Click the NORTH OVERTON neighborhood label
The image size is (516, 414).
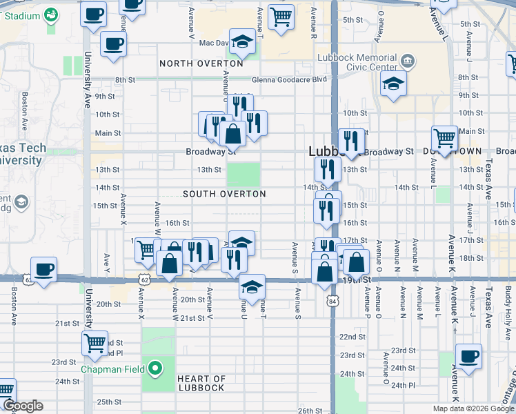click(201, 63)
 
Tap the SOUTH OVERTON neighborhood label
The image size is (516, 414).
click(224, 194)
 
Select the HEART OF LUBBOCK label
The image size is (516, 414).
click(201, 383)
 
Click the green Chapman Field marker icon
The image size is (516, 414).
click(155, 368)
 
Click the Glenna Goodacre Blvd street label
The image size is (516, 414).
click(289, 79)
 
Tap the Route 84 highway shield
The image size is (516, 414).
click(333, 301)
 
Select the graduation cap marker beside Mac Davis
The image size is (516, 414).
click(242, 42)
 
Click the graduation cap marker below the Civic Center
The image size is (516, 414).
click(393, 85)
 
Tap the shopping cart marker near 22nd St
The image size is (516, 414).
click(95, 342)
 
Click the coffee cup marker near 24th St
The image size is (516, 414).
click(468, 356)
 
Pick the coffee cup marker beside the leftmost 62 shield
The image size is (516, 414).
click(44, 269)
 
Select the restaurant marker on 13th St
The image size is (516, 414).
click(328, 169)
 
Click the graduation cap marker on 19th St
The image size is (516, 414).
click(252, 286)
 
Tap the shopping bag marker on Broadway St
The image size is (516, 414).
click(232, 134)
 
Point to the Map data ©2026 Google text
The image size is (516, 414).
click(473, 408)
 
